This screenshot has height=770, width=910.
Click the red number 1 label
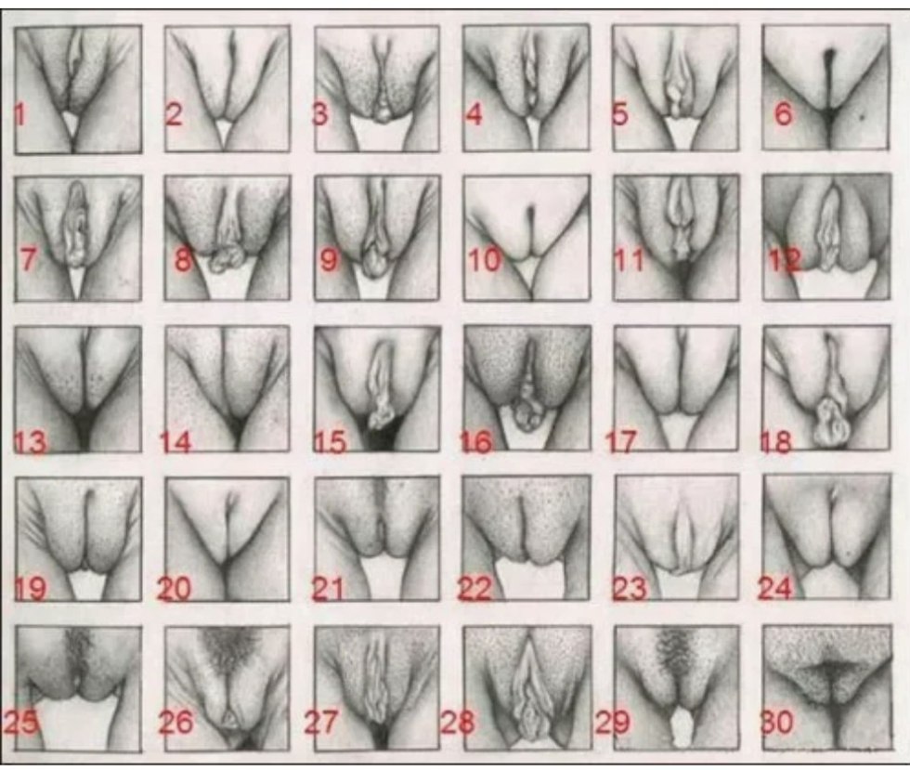point(20,114)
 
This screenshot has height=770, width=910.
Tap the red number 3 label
point(319,114)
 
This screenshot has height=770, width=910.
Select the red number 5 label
point(620,114)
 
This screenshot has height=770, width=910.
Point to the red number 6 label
point(782,114)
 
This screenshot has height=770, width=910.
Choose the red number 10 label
point(485,261)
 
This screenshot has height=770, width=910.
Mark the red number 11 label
point(630,261)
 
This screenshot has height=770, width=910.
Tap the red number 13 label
point(30,442)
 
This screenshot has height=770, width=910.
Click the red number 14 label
point(175,442)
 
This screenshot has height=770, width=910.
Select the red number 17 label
point(621,442)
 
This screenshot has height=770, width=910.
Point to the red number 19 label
point(30,589)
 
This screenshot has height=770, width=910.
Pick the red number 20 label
point(175,589)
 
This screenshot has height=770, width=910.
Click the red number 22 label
point(474,589)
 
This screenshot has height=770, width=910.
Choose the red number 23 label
point(630,589)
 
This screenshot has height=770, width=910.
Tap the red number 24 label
point(775,589)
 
